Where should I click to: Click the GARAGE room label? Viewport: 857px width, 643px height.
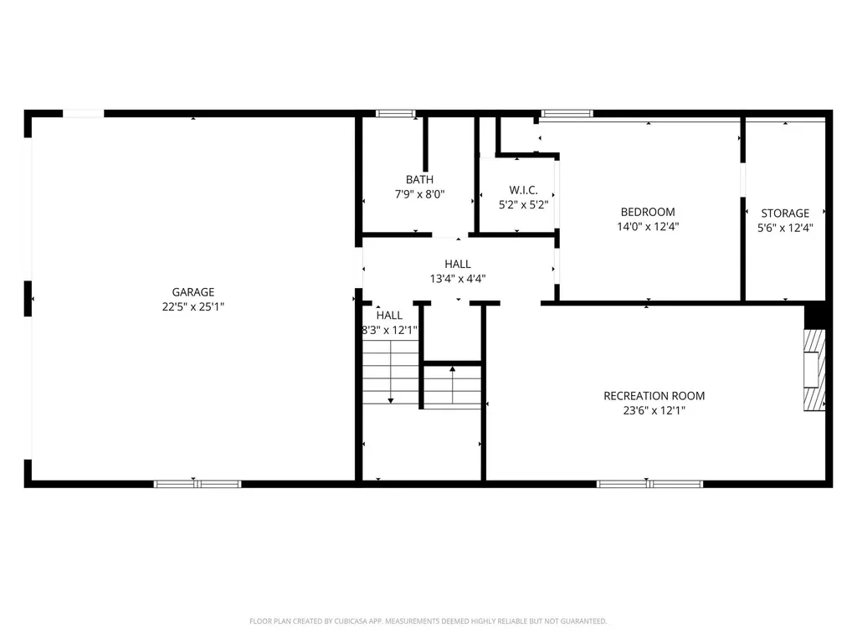pyautogui.click(x=193, y=292)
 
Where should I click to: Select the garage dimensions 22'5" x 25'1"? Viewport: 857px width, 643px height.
pyautogui.click(x=193, y=306)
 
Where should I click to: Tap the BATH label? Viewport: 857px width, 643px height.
pyautogui.click(x=419, y=179)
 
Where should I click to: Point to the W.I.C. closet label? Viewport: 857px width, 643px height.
pyautogui.click(x=517, y=190)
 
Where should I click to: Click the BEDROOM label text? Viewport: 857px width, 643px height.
pyautogui.click(x=647, y=212)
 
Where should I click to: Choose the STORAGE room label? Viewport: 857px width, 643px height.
pyautogui.click(x=785, y=213)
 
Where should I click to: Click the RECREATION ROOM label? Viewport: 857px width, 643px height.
pyautogui.click(x=654, y=396)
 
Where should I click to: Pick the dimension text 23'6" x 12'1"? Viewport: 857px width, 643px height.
pyautogui.click(x=654, y=410)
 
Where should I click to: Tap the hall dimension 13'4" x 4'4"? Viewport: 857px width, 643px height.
pyautogui.click(x=458, y=279)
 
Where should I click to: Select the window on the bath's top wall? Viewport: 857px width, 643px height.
pyautogui.click(x=395, y=113)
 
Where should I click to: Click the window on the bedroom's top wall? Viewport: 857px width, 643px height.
pyautogui.click(x=567, y=113)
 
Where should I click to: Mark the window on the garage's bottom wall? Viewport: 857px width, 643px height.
pyautogui.click(x=197, y=483)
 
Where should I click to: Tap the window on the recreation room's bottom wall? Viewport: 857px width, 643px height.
pyautogui.click(x=649, y=483)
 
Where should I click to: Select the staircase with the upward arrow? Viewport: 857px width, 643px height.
pyautogui.click(x=452, y=386)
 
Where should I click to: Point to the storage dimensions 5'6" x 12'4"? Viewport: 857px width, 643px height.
pyautogui.click(x=785, y=227)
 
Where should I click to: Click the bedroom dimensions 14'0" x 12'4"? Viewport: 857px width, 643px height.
pyautogui.click(x=647, y=226)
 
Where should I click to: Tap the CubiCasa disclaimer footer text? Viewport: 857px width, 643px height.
pyautogui.click(x=428, y=621)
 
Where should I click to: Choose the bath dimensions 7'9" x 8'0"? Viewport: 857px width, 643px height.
pyautogui.click(x=419, y=193)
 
